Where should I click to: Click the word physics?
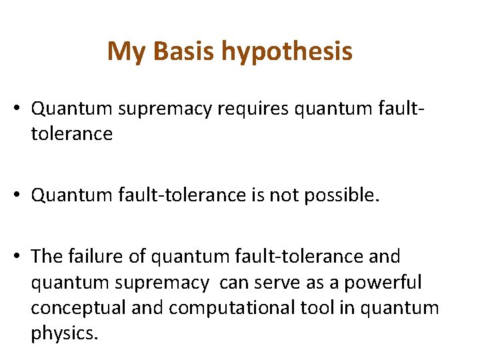pyautogui.click(x=64, y=334)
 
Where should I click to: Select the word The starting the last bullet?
pyautogui.click(x=46, y=257)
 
